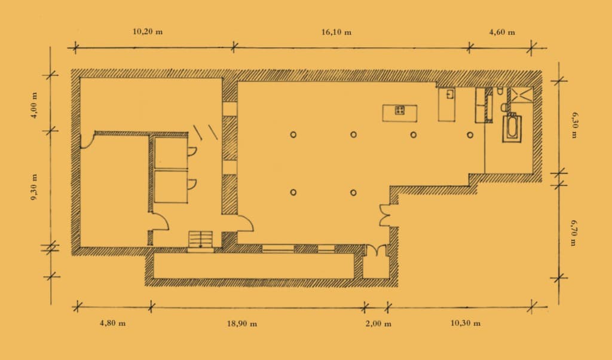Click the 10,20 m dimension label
(x=148, y=32)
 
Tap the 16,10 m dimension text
(x=336, y=32)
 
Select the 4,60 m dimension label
(x=502, y=32)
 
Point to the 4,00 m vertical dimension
(x=34, y=105)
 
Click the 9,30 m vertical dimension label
(x=34, y=187)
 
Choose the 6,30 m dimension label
(x=574, y=126)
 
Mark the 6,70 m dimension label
(x=574, y=233)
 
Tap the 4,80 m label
(x=113, y=324)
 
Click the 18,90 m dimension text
(x=242, y=324)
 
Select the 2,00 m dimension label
(x=378, y=324)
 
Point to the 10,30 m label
(x=465, y=324)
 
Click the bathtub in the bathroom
(x=512, y=128)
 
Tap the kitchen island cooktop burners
(x=400, y=110)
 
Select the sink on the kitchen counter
(x=450, y=94)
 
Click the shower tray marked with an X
(x=522, y=97)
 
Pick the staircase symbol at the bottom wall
(x=201, y=239)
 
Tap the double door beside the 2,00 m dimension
(x=377, y=251)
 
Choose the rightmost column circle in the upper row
(x=470, y=135)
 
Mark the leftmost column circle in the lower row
(x=293, y=193)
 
